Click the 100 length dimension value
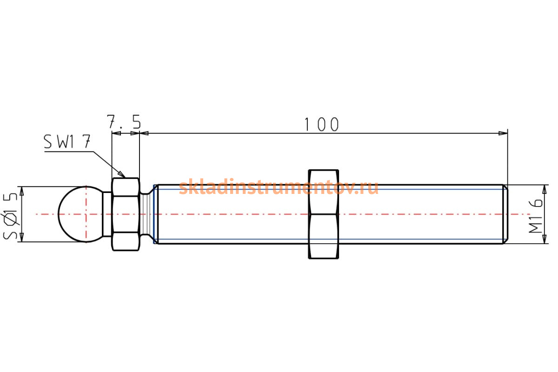pyautogui.click(x=322, y=124)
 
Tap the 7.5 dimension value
pyautogui.click(x=124, y=121)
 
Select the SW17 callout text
pyautogui.click(x=67, y=141)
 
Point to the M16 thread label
pyautogui.click(x=536, y=216)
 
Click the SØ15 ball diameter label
pyautogui.click(x=10, y=216)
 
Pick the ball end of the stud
pyautogui.click(x=80, y=214)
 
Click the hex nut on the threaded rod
pyautogui.click(x=323, y=214)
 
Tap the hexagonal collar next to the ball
pyautogui.click(x=126, y=214)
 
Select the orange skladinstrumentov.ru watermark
pyautogui.click(x=279, y=186)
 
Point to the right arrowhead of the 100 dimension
pyautogui.click(x=503, y=133)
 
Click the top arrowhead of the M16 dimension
pyautogui.click(x=545, y=189)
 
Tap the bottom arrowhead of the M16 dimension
pyautogui.click(x=545, y=239)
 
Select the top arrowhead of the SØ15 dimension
pyautogui.click(x=22, y=191)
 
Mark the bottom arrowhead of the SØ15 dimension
pyautogui.click(x=22, y=237)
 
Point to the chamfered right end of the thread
pyautogui.click(x=505, y=214)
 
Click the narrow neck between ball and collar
pyautogui.click(x=107, y=214)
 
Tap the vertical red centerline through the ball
pyautogui.click(x=86, y=214)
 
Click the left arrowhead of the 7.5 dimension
pyautogui.click(x=116, y=133)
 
